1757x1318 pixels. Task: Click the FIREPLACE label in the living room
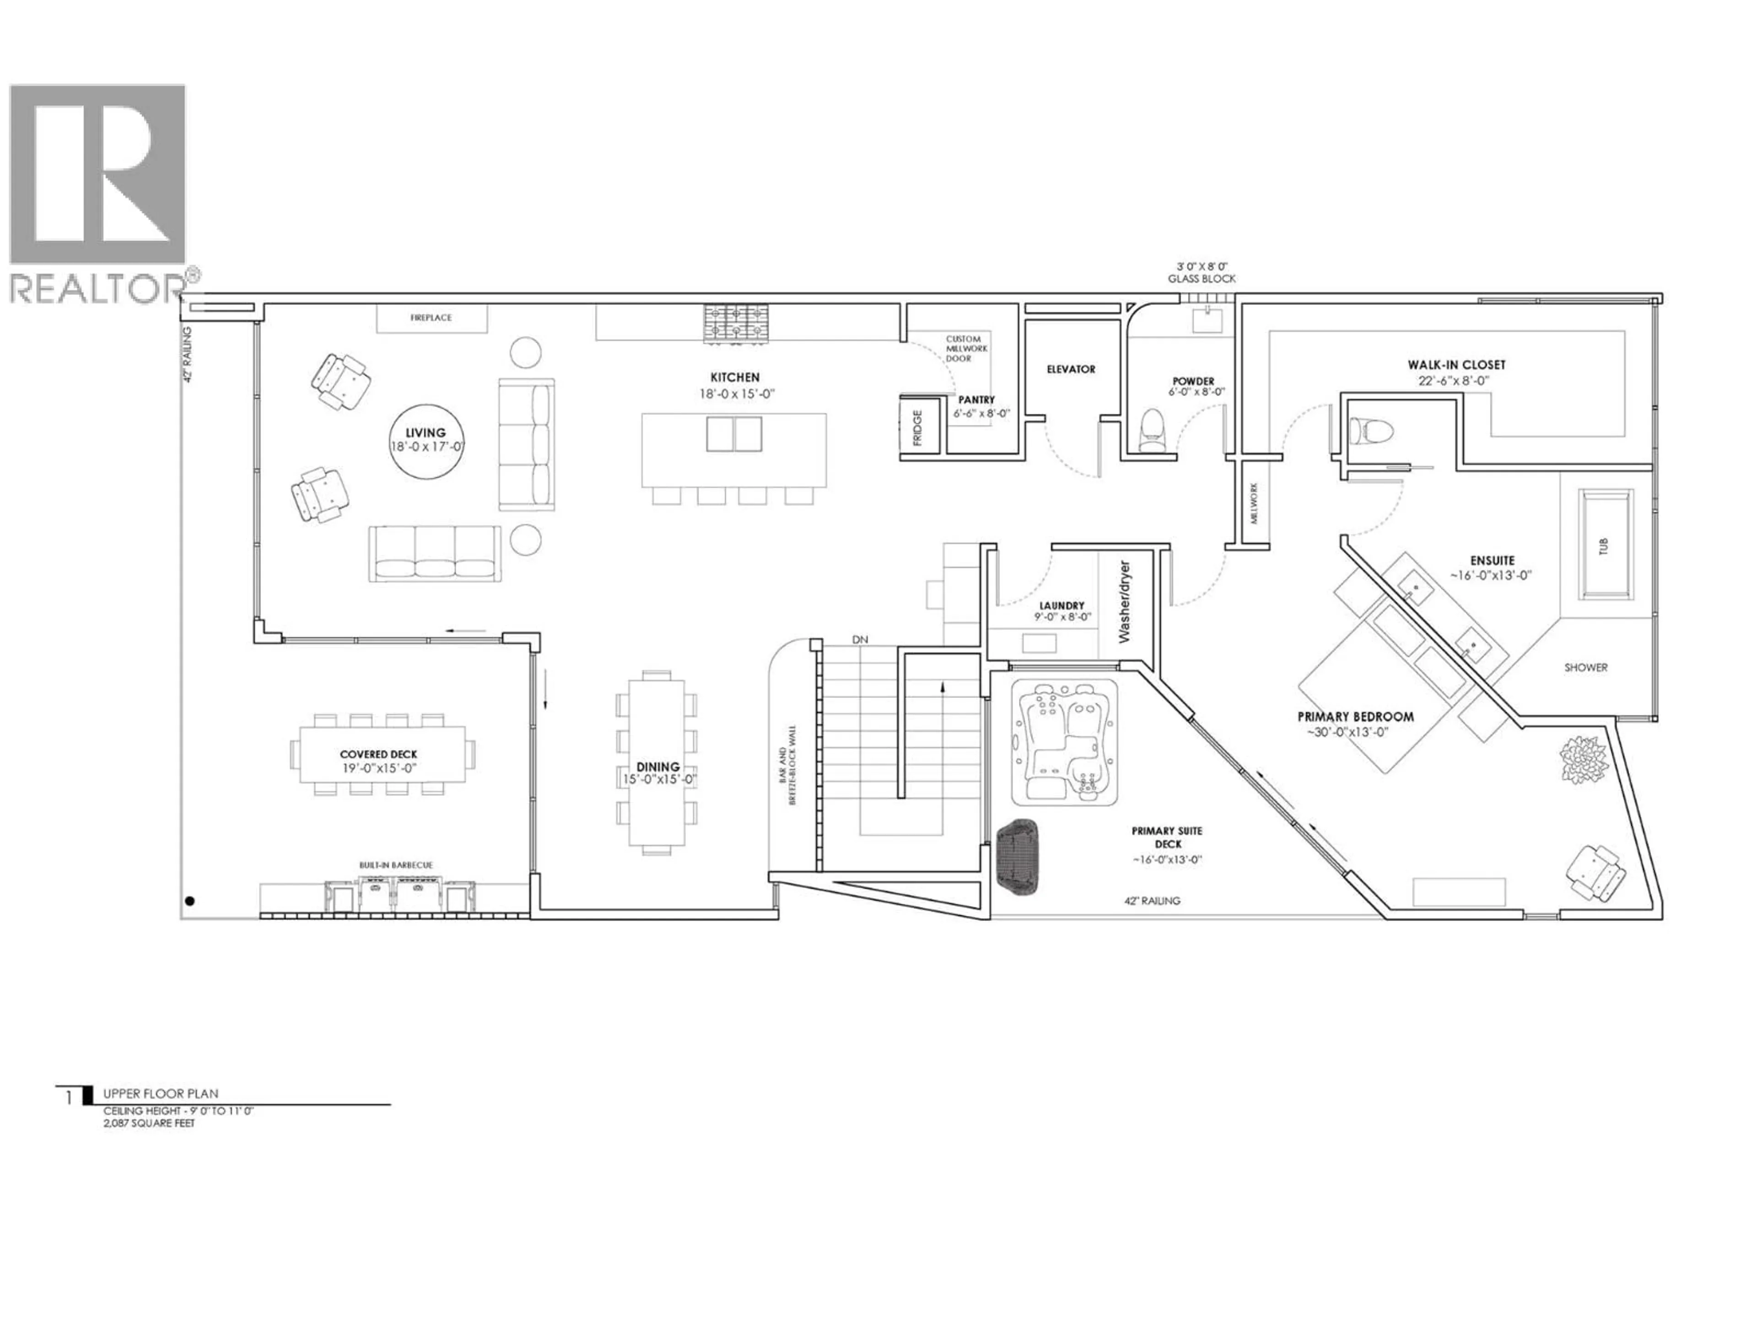(x=431, y=318)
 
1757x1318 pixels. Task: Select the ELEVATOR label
(x=1071, y=369)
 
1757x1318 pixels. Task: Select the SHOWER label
(x=1585, y=667)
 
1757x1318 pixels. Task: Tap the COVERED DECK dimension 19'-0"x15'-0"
(x=379, y=768)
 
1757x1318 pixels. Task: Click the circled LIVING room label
(x=426, y=439)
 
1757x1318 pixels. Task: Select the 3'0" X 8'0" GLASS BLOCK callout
(x=1201, y=272)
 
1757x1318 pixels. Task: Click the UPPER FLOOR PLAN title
(x=161, y=1094)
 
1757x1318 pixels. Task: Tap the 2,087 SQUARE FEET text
(x=149, y=1124)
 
